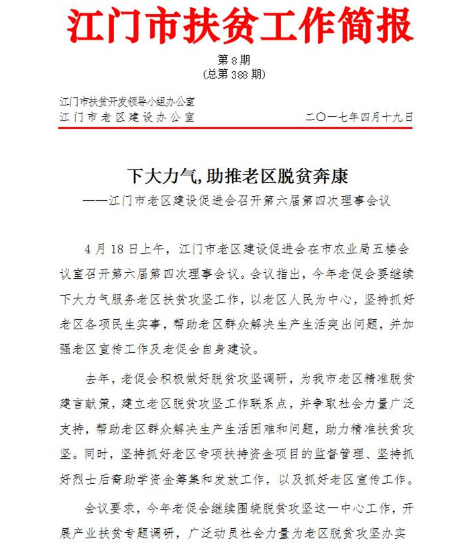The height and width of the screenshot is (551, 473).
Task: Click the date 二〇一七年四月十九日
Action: pyautogui.click(x=359, y=116)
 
